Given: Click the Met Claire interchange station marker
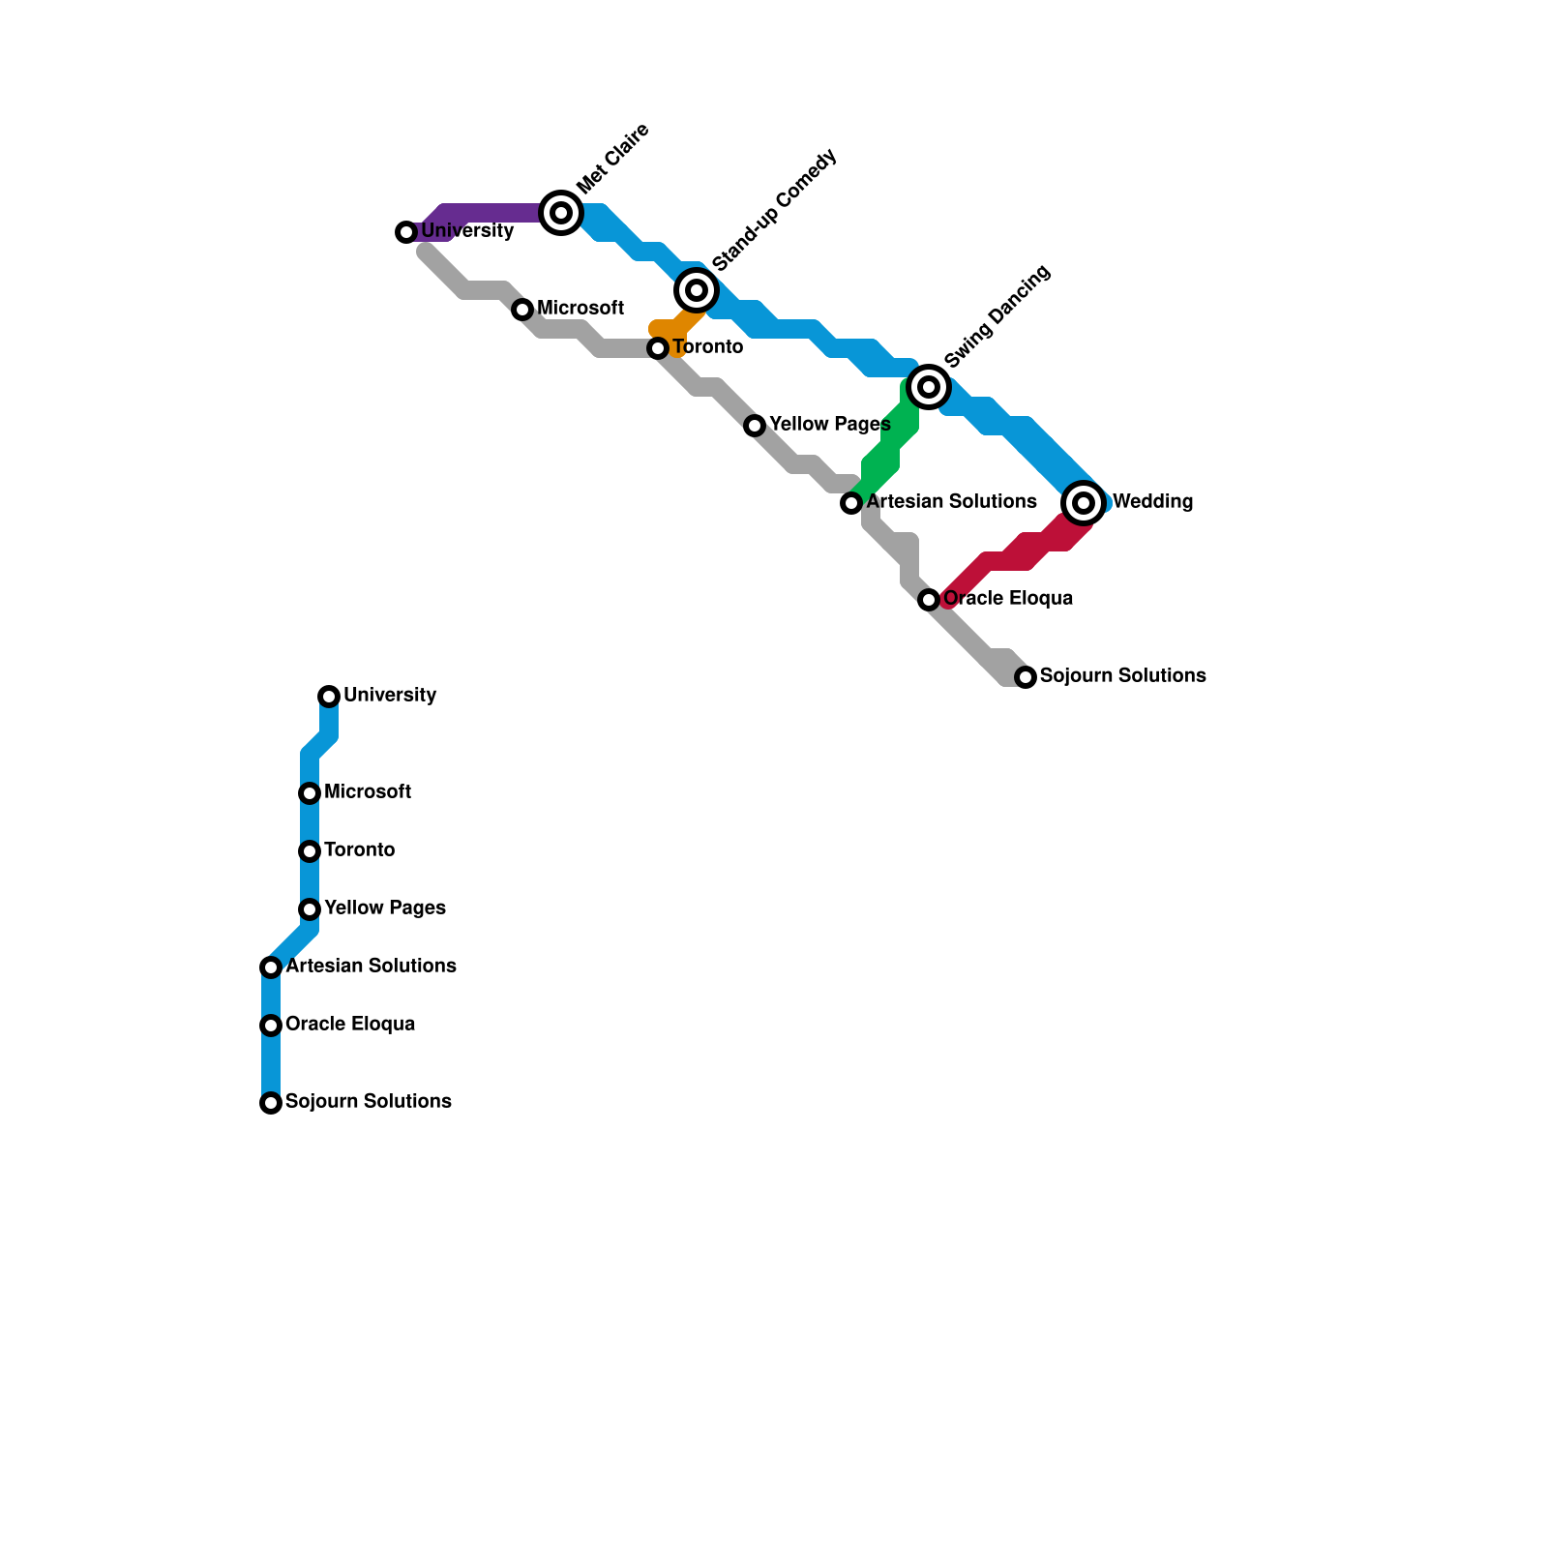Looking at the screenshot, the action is [x=561, y=213].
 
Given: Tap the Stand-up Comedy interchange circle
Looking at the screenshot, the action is [x=697, y=290].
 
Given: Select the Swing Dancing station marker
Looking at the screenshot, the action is [x=929, y=387].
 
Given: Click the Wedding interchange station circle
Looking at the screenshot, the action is [x=1084, y=503].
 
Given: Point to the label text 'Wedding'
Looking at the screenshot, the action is [x=1152, y=502].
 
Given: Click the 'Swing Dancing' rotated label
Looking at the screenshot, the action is [x=997, y=317].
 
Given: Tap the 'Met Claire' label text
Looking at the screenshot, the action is [x=612, y=160].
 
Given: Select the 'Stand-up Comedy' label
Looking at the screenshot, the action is [x=774, y=211].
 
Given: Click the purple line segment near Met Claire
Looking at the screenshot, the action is [x=493, y=213].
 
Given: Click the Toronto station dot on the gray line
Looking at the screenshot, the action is [x=658, y=348].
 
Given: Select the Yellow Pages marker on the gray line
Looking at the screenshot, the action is [x=755, y=426].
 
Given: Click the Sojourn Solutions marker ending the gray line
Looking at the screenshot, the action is [x=1026, y=677].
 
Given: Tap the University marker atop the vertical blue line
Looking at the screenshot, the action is [x=329, y=697].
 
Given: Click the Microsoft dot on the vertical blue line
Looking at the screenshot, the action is [x=310, y=793].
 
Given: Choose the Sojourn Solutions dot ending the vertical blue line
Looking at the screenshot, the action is [x=271, y=1103].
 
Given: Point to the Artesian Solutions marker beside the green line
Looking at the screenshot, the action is [x=851, y=503].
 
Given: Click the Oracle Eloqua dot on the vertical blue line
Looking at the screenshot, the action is [x=271, y=1026].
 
